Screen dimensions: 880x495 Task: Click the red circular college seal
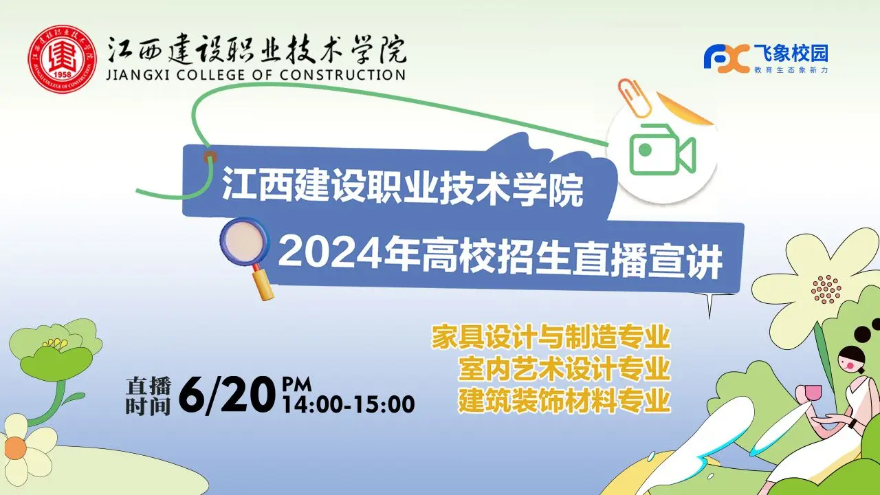pos(62,59)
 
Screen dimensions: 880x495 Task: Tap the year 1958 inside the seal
pos(62,74)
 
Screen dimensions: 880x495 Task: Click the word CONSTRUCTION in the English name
pos(342,75)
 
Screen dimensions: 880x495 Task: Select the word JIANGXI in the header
pos(138,75)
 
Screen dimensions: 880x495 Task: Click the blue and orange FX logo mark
pos(726,59)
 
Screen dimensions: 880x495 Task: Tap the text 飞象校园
pos(791,54)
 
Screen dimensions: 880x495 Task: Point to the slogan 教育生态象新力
pos(791,70)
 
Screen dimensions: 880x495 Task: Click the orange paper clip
pos(633,98)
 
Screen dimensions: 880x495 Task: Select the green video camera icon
pos(662,150)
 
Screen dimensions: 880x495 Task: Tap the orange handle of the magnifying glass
pos(263,285)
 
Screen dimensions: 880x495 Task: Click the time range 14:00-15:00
pos(349,404)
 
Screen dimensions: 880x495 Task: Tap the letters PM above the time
pos(296,384)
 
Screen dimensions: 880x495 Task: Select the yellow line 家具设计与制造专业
pos(551,336)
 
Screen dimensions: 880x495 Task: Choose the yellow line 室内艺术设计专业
pos(564,368)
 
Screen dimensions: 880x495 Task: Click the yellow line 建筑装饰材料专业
pos(564,400)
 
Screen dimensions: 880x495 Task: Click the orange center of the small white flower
pos(15,448)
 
